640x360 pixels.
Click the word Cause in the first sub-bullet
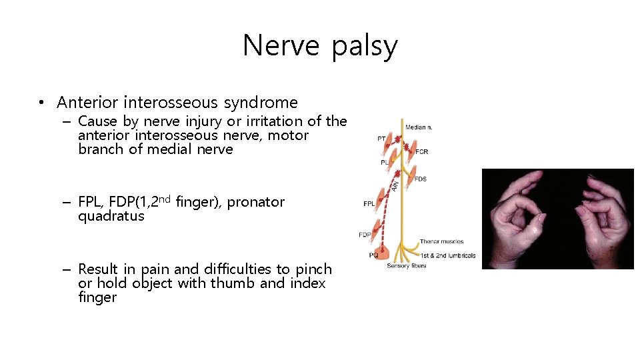97,121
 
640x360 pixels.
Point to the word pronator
256,202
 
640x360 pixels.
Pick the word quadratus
111,216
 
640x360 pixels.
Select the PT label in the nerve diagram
381,139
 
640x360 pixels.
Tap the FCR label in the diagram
421,151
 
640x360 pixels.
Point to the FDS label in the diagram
420,179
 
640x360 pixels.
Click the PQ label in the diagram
373,254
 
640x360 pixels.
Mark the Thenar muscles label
441,241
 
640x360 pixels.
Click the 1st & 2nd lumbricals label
447,255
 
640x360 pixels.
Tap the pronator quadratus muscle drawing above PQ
384,251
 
